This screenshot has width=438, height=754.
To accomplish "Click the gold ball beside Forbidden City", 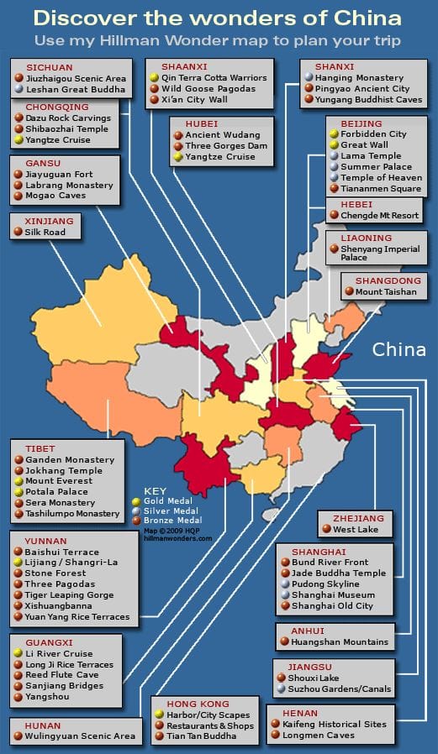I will [332, 134].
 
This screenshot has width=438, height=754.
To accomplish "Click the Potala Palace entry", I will [58, 492].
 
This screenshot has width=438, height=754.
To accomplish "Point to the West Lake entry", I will [356, 530].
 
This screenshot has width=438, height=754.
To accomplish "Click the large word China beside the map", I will [399, 349].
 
